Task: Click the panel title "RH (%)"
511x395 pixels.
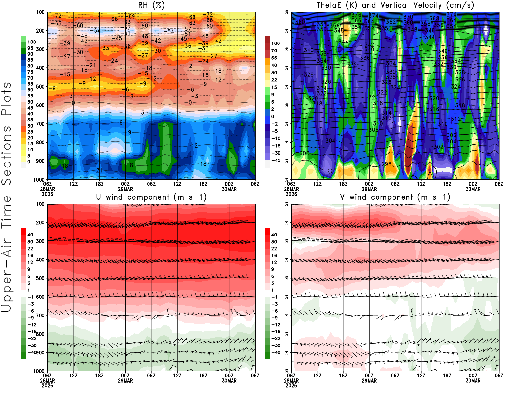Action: coord(151,5)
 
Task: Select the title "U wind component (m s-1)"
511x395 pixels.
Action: coord(151,197)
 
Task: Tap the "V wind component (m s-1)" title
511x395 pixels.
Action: coord(395,197)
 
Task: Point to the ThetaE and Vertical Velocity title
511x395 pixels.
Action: coord(395,5)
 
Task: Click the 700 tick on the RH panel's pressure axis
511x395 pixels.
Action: coord(41,124)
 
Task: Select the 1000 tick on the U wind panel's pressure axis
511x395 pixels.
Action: coord(39,371)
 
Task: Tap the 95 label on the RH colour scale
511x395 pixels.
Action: coord(30,48)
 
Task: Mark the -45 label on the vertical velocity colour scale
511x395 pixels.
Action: coord(276,160)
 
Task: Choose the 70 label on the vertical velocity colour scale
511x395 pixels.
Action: coord(274,50)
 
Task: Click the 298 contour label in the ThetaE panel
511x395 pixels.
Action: coord(386,164)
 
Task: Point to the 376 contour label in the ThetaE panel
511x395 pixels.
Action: coord(356,15)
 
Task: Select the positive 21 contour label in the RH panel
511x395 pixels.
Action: coord(99,171)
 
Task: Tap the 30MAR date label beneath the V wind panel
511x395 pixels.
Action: coord(473,381)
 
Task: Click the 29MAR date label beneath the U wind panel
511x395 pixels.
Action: coord(125,381)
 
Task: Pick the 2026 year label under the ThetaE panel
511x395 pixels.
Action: coord(291,194)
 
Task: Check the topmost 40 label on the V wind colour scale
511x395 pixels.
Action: coord(274,235)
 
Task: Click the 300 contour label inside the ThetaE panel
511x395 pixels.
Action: coord(304,153)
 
